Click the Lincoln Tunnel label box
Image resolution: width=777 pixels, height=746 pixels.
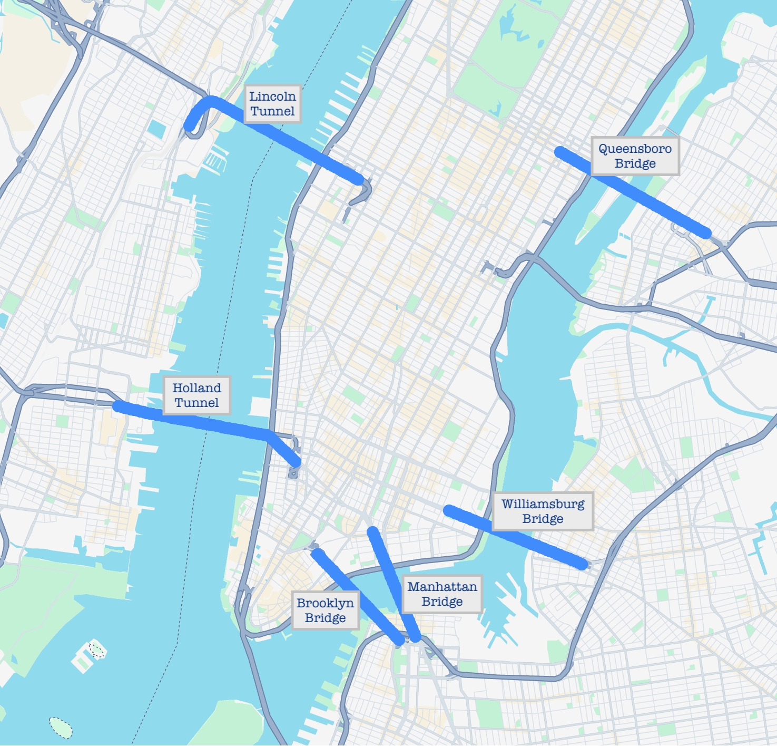(x=272, y=104)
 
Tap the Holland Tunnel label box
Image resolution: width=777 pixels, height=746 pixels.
(x=196, y=395)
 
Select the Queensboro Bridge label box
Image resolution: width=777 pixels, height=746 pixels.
(x=635, y=156)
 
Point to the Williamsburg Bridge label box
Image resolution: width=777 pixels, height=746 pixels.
(x=543, y=511)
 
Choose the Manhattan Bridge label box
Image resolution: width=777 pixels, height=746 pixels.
(x=442, y=594)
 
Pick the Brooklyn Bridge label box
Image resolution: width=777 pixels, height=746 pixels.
(x=325, y=611)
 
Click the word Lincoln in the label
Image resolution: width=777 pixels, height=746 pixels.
(x=272, y=96)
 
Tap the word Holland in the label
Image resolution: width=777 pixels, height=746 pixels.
(x=196, y=388)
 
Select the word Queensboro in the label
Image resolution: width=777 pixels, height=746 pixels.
(x=635, y=149)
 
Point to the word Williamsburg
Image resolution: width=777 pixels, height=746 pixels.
(x=543, y=504)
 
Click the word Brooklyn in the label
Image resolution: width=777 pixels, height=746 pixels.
(x=325, y=603)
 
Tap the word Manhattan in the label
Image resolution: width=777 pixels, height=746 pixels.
(x=442, y=587)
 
